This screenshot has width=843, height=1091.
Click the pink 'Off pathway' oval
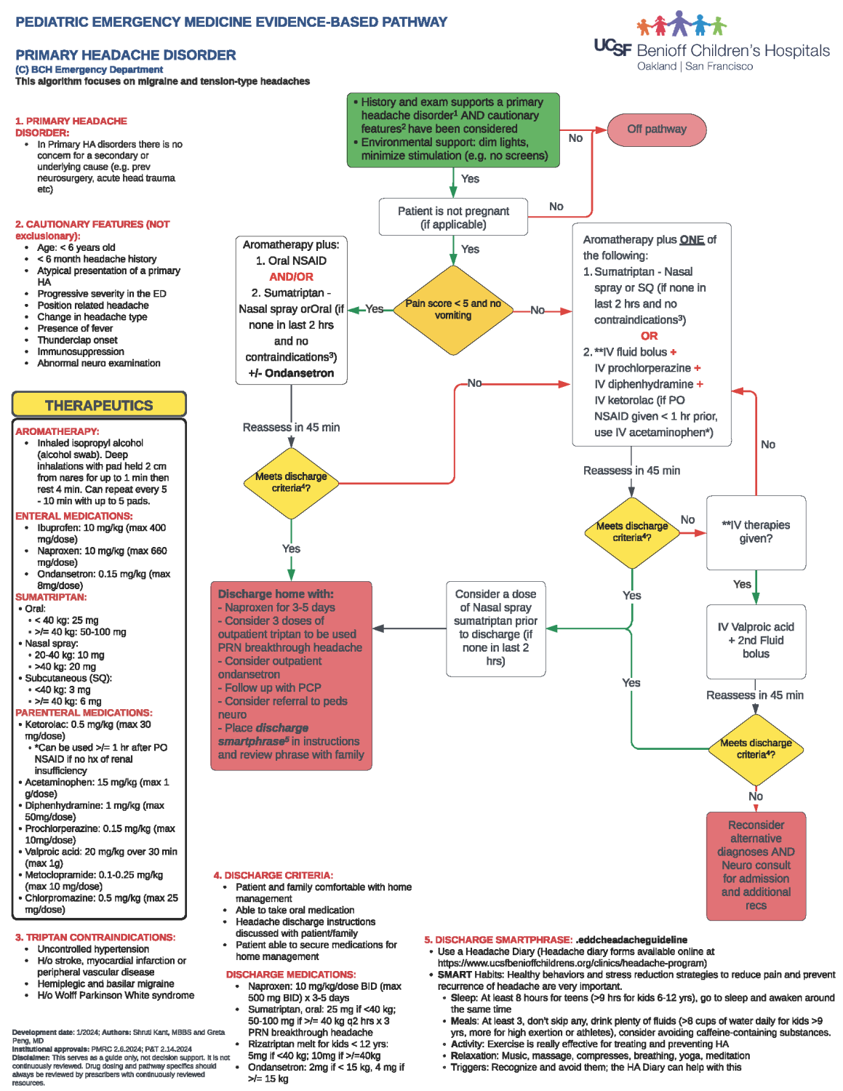point(656,129)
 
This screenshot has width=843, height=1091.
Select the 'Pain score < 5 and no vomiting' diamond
point(453,310)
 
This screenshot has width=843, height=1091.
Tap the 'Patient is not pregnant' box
point(453,217)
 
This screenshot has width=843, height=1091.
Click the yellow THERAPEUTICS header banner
point(99,405)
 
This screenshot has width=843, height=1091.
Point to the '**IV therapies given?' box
point(756,532)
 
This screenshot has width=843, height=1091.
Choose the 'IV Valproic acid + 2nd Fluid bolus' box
point(756,640)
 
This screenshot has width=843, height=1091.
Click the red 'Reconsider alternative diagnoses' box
point(756,866)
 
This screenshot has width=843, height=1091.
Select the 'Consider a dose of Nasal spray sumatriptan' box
point(495,627)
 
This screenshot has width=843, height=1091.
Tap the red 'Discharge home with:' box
point(291,675)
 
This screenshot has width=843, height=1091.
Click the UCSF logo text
point(612,47)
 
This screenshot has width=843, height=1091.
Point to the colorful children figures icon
point(681,24)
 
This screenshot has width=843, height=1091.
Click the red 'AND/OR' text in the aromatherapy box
point(291,277)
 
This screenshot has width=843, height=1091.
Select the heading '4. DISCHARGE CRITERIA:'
point(273,875)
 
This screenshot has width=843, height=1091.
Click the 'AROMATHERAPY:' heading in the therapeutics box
point(57,431)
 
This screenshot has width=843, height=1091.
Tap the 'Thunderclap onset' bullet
point(77,340)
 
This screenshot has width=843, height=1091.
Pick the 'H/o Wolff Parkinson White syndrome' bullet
point(116,995)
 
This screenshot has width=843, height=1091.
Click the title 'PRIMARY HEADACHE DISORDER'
point(126,55)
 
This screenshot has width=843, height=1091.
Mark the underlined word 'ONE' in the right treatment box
point(692,240)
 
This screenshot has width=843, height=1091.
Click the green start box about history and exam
point(453,129)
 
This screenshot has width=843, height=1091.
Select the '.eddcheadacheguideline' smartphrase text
point(631,940)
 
